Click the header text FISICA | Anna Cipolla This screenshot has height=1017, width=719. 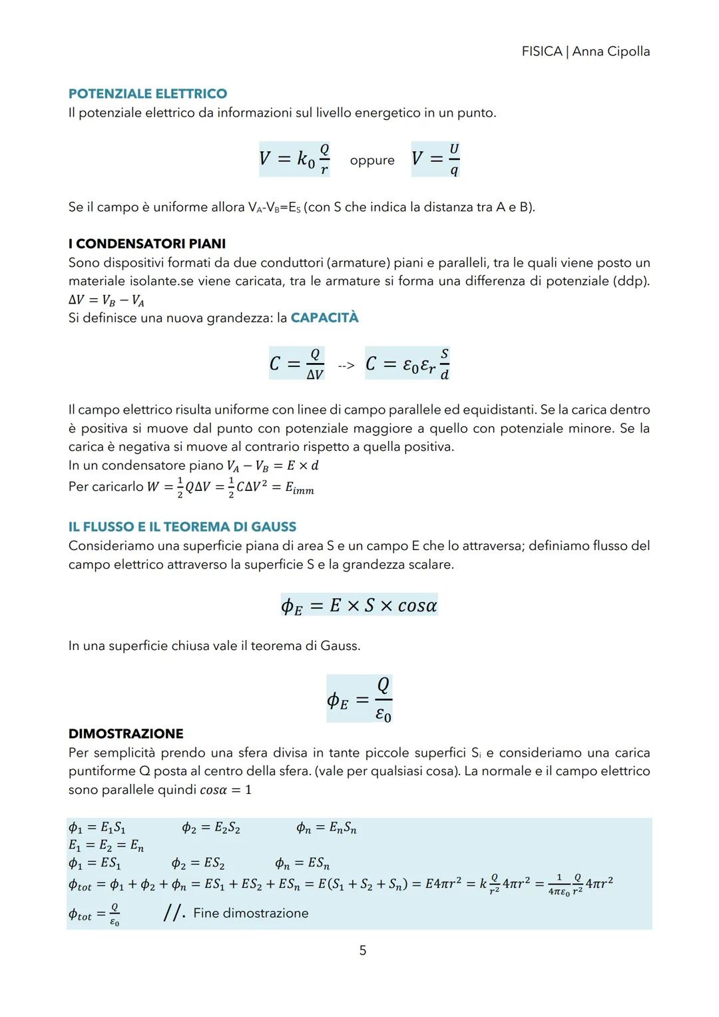585,51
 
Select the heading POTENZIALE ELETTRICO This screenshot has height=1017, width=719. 147,94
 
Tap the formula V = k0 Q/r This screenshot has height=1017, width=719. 294,159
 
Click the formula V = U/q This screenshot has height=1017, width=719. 435,159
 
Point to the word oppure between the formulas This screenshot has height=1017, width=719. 371,161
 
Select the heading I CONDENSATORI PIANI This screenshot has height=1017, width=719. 146,244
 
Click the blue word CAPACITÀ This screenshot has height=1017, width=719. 324,318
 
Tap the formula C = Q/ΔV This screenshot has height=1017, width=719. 296,364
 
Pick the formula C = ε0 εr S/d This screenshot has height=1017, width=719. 407,364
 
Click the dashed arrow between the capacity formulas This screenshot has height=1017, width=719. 346,365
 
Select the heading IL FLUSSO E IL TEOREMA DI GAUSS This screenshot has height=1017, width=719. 182,527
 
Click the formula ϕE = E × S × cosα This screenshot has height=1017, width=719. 359,605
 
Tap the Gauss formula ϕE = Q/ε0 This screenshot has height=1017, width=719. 359,699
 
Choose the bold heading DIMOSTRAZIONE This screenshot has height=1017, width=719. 126,734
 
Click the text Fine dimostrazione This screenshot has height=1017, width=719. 250,913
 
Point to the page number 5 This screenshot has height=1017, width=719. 363,950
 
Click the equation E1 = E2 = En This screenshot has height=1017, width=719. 106,846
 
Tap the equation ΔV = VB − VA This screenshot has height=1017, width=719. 107,300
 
